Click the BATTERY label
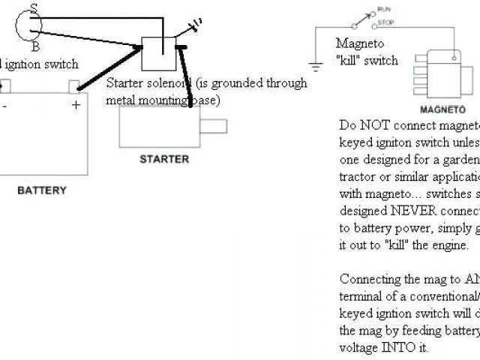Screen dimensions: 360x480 pos(41,190)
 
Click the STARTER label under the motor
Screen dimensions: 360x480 pos(164,160)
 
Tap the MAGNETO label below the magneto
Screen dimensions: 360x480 pos(437,109)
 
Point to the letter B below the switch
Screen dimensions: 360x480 pos(36,46)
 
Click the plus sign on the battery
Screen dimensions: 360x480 pos(75,106)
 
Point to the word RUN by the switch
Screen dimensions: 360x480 pos(385,8)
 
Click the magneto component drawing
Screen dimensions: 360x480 pos(439,73)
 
